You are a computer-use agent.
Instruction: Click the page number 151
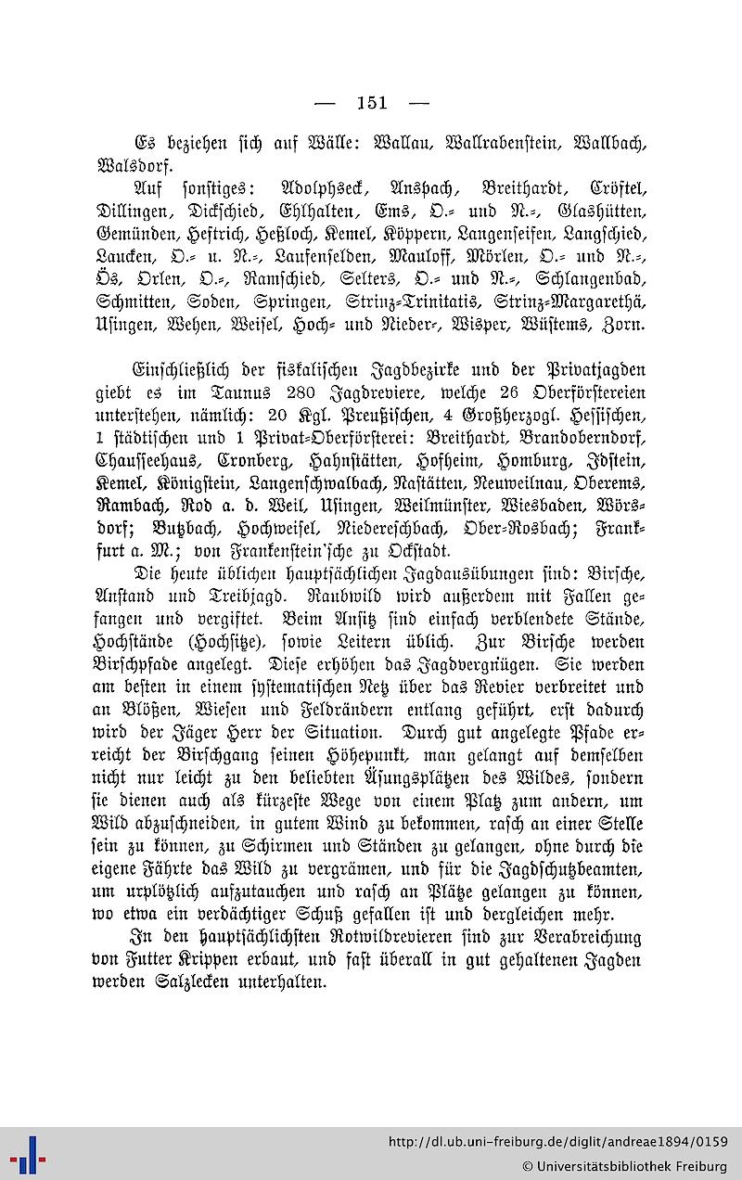pyautogui.click(x=371, y=103)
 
